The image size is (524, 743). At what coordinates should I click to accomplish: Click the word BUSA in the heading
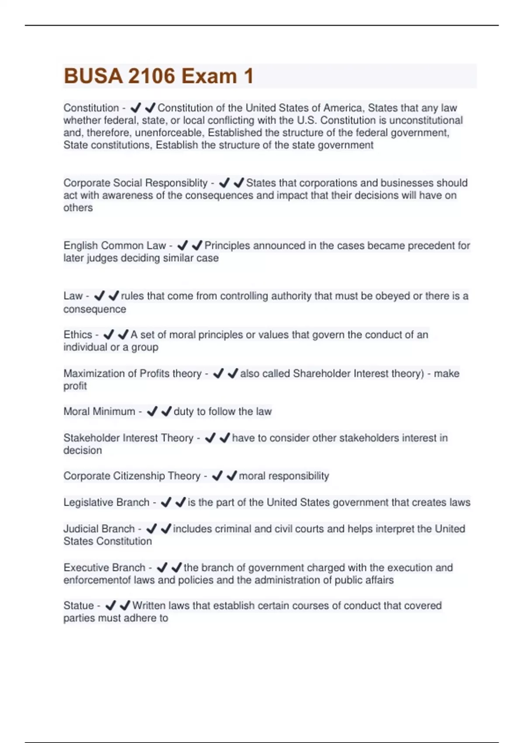click(93, 76)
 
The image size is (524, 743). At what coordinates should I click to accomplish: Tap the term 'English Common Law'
click(114, 246)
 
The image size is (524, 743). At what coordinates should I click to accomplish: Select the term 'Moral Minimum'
click(99, 411)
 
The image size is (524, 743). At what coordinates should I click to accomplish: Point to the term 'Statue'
click(79, 605)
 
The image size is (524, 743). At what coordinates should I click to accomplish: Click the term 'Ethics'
click(78, 335)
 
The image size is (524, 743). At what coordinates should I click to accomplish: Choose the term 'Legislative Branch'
click(106, 502)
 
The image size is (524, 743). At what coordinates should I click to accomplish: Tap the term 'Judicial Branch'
click(99, 529)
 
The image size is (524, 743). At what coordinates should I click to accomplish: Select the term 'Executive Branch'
click(104, 567)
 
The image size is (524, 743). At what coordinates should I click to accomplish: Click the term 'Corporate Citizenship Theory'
click(132, 476)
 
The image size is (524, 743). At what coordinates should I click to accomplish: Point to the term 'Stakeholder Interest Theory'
click(128, 438)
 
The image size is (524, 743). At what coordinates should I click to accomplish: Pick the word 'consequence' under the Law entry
click(94, 309)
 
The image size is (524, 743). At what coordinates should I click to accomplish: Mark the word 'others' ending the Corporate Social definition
click(78, 208)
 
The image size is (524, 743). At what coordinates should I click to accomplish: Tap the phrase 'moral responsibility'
click(284, 476)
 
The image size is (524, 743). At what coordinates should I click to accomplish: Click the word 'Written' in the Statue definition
click(149, 605)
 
